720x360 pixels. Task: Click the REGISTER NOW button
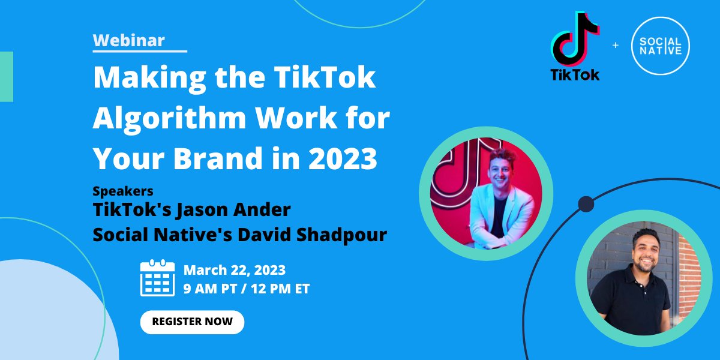click(192, 322)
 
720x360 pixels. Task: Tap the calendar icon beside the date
click(157, 278)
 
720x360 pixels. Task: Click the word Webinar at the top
click(129, 41)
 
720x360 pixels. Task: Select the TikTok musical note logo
click(574, 38)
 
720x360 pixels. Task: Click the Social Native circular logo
click(660, 46)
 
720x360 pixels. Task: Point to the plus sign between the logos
click(615, 46)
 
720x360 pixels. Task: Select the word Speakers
click(122, 191)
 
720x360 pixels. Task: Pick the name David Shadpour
click(313, 234)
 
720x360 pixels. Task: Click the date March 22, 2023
click(234, 270)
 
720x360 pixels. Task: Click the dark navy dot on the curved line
click(586, 204)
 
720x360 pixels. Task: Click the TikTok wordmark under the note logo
click(575, 75)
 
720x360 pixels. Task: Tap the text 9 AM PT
click(209, 289)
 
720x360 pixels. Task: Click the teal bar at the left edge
click(6, 76)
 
